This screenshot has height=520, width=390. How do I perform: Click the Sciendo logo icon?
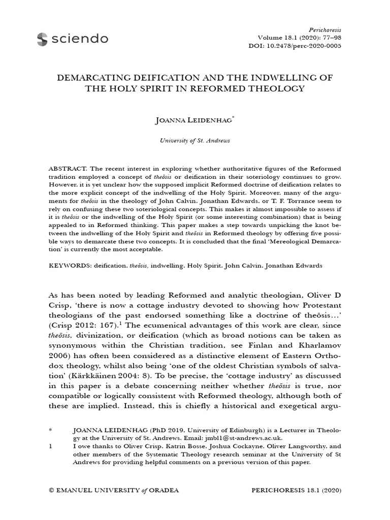40,38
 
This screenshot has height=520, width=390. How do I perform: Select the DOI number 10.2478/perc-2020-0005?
311,46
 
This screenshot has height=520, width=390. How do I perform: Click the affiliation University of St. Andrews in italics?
194,140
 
